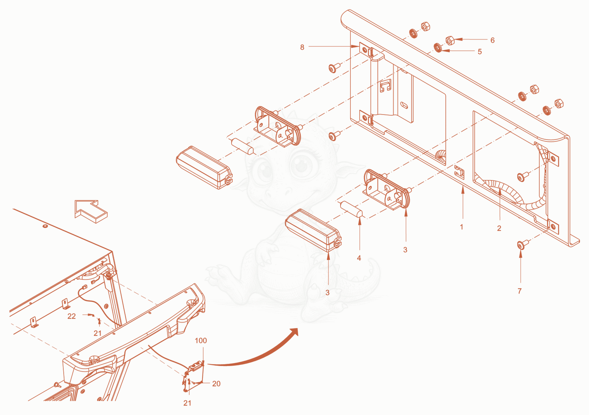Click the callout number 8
pyautogui.click(x=302, y=47)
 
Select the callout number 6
pyautogui.click(x=493, y=40)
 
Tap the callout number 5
pyautogui.click(x=480, y=52)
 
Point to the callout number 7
pyautogui.click(x=519, y=291)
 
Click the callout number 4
pyautogui.click(x=359, y=258)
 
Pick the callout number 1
pyautogui.click(x=462, y=227)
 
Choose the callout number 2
pyautogui.click(x=499, y=228)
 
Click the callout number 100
pyautogui.click(x=201, y=341)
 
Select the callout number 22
pyautogui.click(x=71, y=316)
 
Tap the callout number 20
pyautogui.click(x=216, y=384)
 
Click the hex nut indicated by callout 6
pyautogui.click(x=450, y=41)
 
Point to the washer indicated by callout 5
pyautogui.click(x=438, y=48)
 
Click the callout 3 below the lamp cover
pyautogui.click(x=327, y=292)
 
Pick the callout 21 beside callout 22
pyautogui.click(x=98, y=333)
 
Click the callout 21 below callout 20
pyautogui.click(x=187, y=403)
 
